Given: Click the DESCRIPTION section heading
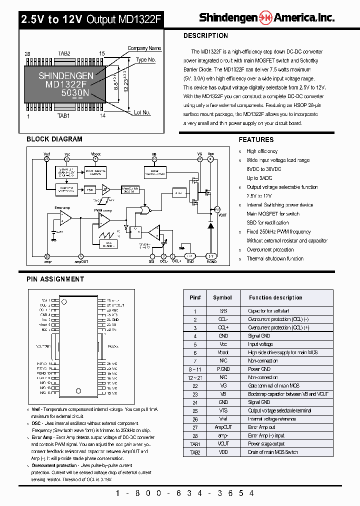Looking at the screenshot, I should point(205,36).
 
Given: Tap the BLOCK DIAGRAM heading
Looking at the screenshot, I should point(54,139).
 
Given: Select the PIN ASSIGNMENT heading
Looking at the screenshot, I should point(55,279).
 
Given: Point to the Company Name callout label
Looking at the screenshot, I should point(144,48).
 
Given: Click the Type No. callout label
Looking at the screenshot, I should point(146,60).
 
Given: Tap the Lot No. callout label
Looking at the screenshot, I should point(142,112).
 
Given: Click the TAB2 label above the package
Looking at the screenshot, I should point(64,53).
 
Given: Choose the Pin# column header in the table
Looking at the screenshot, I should point(195,297).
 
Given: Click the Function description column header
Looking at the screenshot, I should point(275,297).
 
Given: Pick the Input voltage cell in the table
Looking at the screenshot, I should point(260,344).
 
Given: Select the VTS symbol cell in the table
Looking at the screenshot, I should point(222,410).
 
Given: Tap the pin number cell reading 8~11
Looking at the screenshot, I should point(195,369).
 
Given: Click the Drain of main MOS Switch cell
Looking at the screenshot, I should point(273,452).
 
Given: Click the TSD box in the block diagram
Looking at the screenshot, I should point(90,190).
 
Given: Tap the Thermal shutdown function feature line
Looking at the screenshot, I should point(275,258).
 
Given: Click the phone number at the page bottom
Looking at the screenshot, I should point(185,493).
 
